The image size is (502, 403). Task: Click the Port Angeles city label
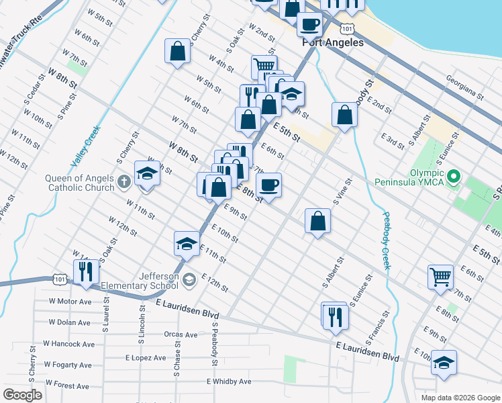coord(333,42)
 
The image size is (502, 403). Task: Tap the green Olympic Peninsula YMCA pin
coord(453,178)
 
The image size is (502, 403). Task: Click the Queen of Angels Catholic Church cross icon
coord(123,181)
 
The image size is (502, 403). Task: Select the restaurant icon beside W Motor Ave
coord(86,271)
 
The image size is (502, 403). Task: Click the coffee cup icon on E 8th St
coord(268,185)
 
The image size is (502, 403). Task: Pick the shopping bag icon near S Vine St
coord(317,220)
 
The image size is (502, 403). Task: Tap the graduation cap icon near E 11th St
coord(187,244)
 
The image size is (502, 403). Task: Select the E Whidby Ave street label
coord(229,382)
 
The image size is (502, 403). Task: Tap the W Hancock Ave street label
coord(69,344)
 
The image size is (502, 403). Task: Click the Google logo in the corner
coord(22,395)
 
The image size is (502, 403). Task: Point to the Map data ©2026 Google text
coord(460,398)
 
